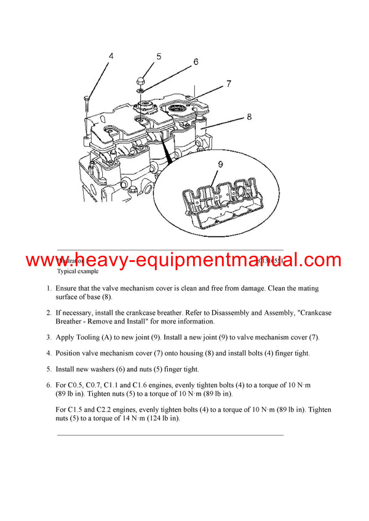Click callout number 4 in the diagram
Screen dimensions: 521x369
click(x=111, y=56)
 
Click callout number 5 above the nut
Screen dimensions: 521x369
click(x=158, y=56)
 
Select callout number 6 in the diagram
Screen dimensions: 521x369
click(x=196, y=61)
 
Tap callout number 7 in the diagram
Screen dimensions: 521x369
click(x=228, y=83)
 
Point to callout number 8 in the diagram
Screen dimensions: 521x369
click(x=249, y=115)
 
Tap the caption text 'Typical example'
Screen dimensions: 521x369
click(x=77, y=271)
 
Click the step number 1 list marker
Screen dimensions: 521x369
click(x=49, y=288)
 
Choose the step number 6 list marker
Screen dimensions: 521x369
click(x=49, y=385)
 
